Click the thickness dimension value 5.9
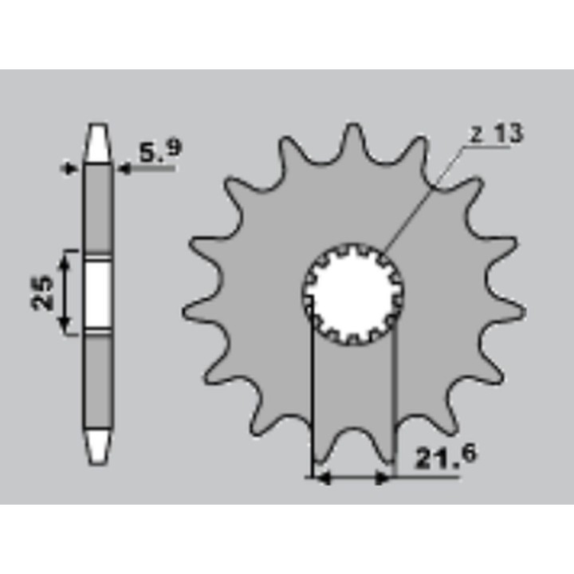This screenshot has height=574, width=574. (x=160, y=151)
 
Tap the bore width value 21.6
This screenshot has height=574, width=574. (x=446, y=457)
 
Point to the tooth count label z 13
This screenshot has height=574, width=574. (x=497, y=134)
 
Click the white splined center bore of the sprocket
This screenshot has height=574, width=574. (x=353, y=294)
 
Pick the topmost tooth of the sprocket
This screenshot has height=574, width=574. (x=353, y=141)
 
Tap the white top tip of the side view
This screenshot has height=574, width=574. (x=98, y=143)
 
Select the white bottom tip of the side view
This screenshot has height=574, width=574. (x=98, y=447)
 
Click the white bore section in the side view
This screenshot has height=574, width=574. (x=98, y=294)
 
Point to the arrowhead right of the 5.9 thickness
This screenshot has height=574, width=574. (x=124, y=169)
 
